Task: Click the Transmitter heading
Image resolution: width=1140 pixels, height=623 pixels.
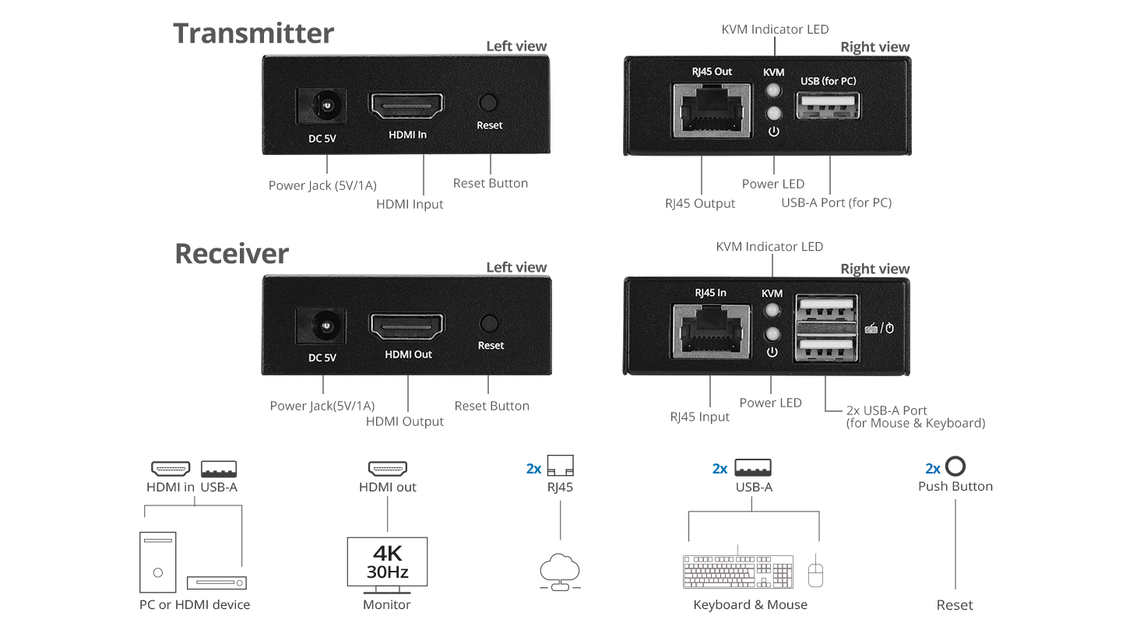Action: [x=253, y=33]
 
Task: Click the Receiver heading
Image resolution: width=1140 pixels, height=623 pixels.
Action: [x=231, y=254]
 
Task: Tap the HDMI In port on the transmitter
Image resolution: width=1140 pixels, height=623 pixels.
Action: [x=406, y=106]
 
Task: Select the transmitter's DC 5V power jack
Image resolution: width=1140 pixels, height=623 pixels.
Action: [x=321, y=106]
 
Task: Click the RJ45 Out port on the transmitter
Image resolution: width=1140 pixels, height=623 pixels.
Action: [x=712, y=110]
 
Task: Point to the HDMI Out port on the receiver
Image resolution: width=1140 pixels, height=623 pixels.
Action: [x=406, y=327]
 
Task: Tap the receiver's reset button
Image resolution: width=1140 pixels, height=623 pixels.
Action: [x=490, y=324]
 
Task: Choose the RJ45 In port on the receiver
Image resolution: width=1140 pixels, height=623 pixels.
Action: [x=710, y=331]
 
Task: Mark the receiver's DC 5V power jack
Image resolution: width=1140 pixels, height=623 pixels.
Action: [x=321, y=327]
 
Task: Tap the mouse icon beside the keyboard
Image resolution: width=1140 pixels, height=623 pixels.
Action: [x=815, y=573]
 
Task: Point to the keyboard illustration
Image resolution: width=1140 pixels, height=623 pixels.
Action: [x=737, y=572]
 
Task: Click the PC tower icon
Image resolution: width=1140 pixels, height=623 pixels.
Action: [x=158, y=562]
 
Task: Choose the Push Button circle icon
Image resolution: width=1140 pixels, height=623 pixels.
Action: [x=955, y=467]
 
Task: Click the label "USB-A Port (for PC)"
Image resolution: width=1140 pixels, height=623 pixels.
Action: [x=836, y=203]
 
